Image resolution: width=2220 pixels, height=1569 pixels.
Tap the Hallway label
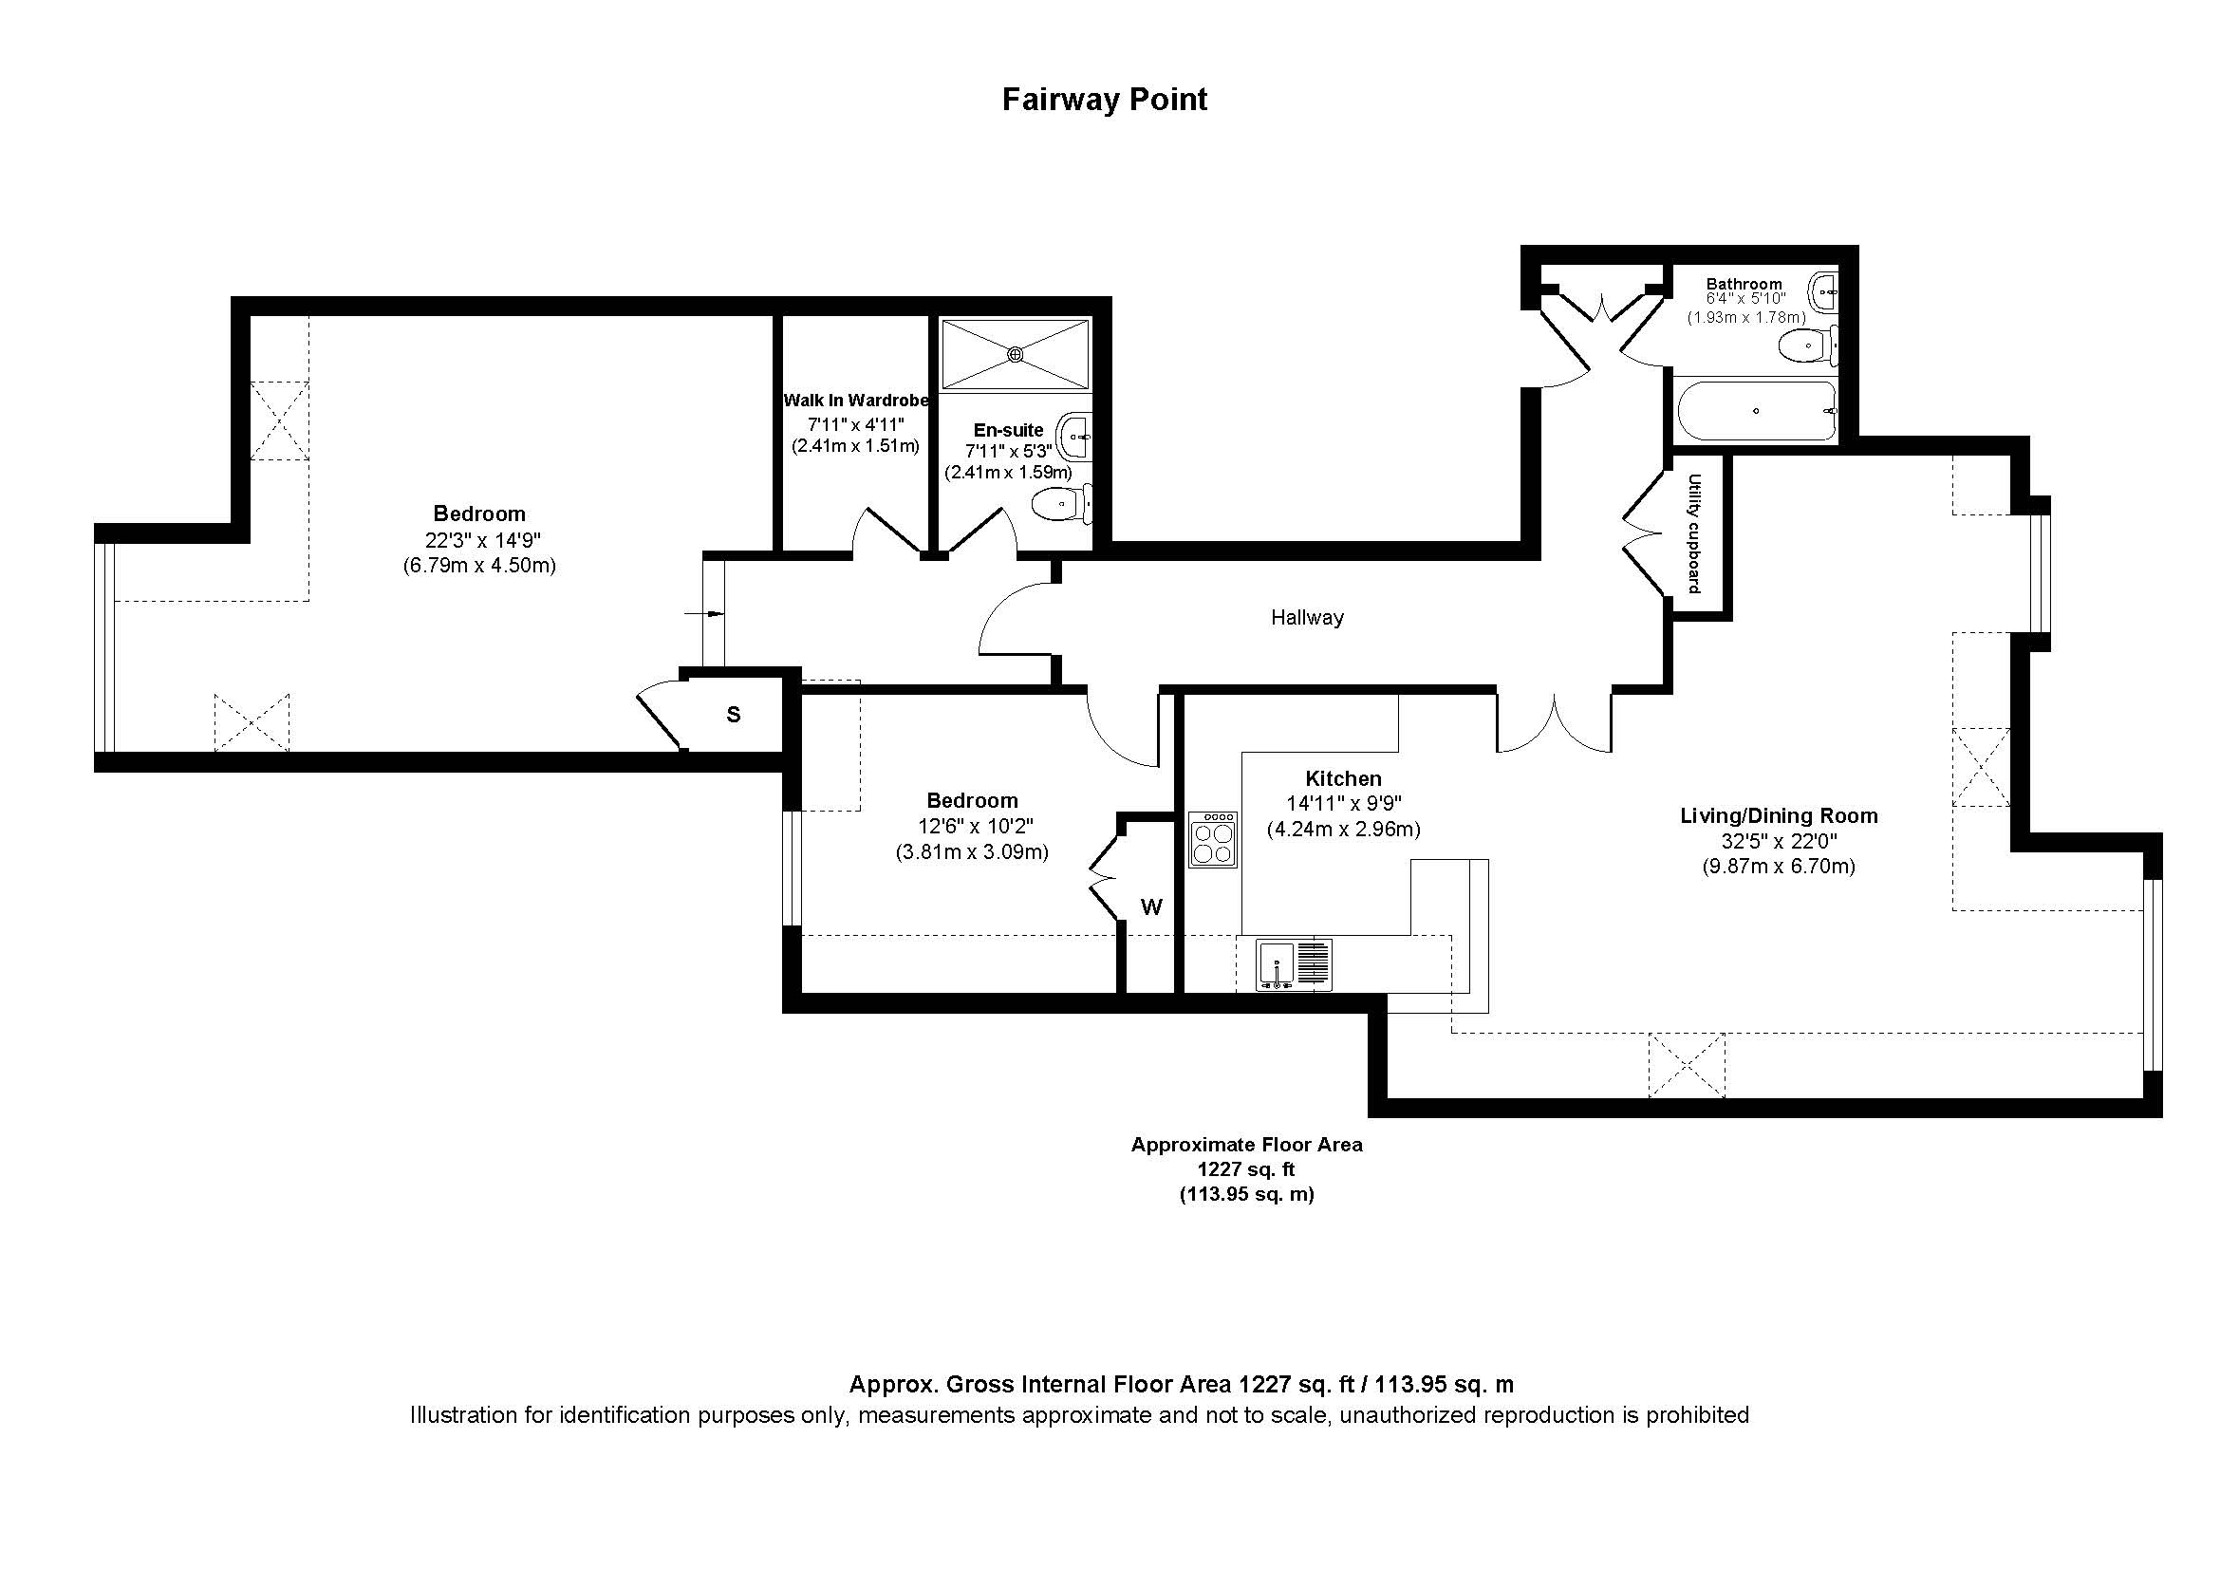[1306, 617]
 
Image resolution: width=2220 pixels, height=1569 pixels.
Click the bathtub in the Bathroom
[1754, 411]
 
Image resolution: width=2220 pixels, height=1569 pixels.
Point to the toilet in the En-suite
[1061, 504]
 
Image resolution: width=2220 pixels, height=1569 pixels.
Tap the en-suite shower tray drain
[1015, 354]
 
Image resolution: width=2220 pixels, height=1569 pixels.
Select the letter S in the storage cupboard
[733, 715]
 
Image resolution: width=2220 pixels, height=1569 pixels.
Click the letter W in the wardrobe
[1150, 906]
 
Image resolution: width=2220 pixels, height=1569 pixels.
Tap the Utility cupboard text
[1693, 532]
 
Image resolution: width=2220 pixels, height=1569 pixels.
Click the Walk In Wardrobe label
[855, 401]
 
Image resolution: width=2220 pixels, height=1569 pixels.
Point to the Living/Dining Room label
[1778, 815]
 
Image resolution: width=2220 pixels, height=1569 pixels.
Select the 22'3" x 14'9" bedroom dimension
[478, 539]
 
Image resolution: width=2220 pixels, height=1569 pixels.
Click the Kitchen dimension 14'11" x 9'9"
[1343, 803]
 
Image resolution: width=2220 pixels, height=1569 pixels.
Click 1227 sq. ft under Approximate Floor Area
[1245, 1168]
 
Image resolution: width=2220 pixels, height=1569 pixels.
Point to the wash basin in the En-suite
[1075, 437]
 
